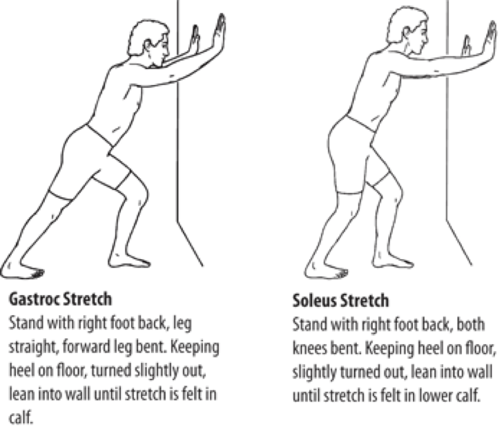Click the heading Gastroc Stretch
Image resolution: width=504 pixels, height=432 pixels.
pyautogui.click(x=61, y=299)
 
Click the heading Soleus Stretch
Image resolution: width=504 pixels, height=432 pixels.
pyautogui.click(x=340, y=301)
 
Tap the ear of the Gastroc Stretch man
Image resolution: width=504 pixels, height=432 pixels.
pyautogui.click(x=148, y=46)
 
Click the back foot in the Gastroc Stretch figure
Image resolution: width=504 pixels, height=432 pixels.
pyautogui.click(x=23, y=270)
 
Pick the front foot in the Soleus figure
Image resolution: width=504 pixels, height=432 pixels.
pyautogui.click(x=393, y=260)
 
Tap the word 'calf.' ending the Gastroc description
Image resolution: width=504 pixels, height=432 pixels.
pyautogui.click(x=21, y=417)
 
